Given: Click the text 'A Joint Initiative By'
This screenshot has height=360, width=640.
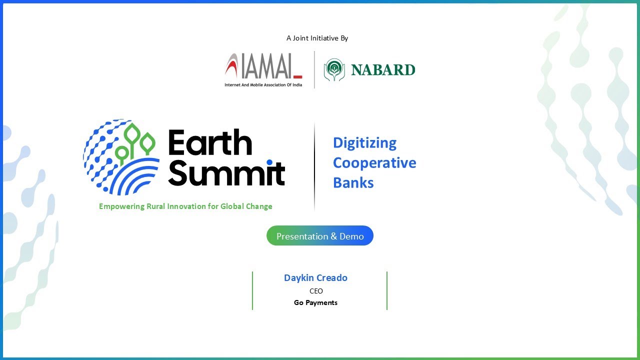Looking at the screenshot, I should (317, 38).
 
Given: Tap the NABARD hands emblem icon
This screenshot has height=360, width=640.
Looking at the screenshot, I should (334, 70).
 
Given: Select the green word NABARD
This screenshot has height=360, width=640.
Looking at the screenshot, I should (383, 70).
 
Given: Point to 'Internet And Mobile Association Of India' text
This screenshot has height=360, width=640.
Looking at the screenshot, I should (263, 84).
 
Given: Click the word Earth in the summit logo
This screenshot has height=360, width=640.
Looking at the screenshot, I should (210, 143).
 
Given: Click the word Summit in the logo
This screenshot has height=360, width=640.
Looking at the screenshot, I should (226, 172).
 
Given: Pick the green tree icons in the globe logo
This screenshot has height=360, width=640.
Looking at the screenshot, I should (135, 142).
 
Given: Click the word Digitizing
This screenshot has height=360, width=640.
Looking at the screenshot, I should (364, 143).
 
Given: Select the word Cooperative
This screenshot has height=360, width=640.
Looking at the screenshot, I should (374, 163).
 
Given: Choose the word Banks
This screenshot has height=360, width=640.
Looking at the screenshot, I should (353, 183).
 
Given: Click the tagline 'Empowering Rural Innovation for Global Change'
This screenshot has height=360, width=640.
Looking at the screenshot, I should (185, 206).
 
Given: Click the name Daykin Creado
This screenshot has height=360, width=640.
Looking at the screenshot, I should (315, 278).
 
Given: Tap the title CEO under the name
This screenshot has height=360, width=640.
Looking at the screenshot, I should (316, 291).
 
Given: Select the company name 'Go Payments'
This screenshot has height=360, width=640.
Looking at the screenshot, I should (315, 302).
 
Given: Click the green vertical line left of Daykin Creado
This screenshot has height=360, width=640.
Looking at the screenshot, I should (252, 290).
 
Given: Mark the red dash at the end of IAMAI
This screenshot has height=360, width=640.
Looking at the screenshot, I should (297, 76).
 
